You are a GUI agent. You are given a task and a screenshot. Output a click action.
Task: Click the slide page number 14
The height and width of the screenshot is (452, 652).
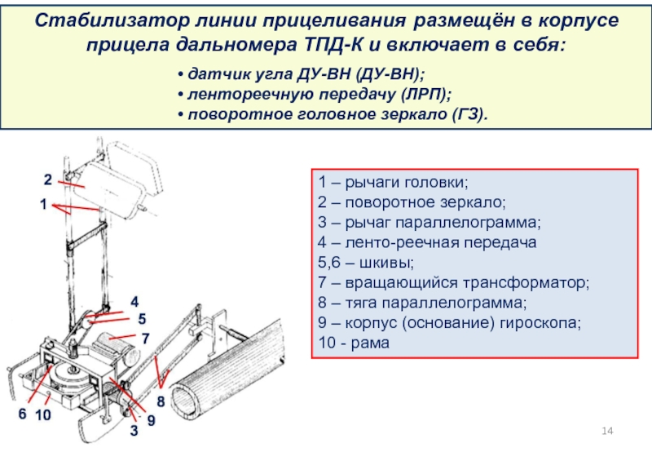(x=607, y=430)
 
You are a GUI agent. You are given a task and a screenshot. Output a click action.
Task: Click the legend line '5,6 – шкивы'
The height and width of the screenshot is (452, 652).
(x=366, y=263)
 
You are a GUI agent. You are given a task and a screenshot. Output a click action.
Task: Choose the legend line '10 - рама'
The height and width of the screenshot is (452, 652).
(x=355, y=343)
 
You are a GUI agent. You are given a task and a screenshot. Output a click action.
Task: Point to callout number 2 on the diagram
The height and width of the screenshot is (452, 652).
(x=48, y=179)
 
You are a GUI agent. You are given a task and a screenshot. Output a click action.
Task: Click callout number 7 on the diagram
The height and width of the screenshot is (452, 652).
(x=145, y=337)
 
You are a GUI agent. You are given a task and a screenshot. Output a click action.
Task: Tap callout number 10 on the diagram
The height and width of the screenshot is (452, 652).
(x=43, y=415)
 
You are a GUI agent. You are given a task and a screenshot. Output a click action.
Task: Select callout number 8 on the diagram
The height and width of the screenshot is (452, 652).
(x=161, y=401)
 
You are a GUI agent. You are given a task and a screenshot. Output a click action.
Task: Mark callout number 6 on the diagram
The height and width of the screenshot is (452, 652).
(x=22, y=415)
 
